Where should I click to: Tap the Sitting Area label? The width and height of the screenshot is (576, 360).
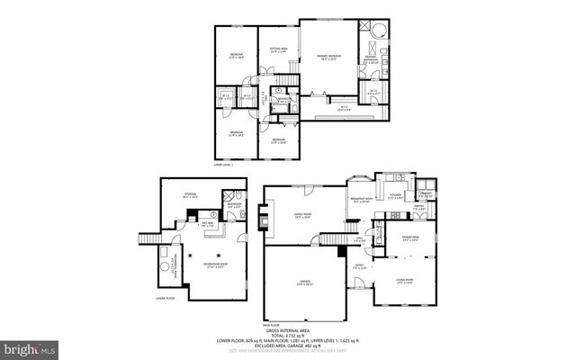click(278, 50)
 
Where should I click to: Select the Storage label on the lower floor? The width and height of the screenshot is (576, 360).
click(190, 194)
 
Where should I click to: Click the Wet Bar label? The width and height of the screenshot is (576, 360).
click(206, 224)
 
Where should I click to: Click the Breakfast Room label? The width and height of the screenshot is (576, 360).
click(363, 201)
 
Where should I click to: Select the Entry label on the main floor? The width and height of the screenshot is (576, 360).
click(359, 267)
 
